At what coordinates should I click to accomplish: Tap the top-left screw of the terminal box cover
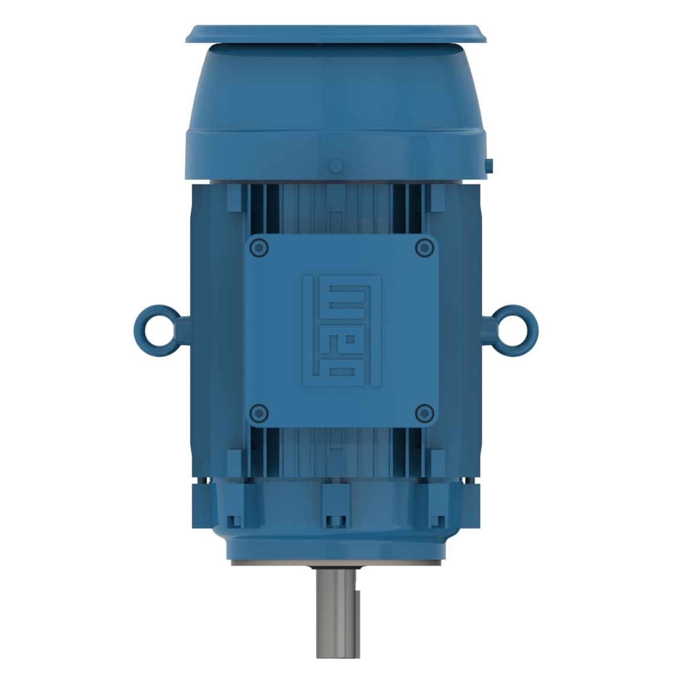259,247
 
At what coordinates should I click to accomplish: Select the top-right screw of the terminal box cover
422,247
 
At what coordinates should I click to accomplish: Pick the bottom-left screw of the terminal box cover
259,412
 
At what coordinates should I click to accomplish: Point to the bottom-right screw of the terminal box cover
424,412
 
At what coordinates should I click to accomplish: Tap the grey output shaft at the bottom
338,615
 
